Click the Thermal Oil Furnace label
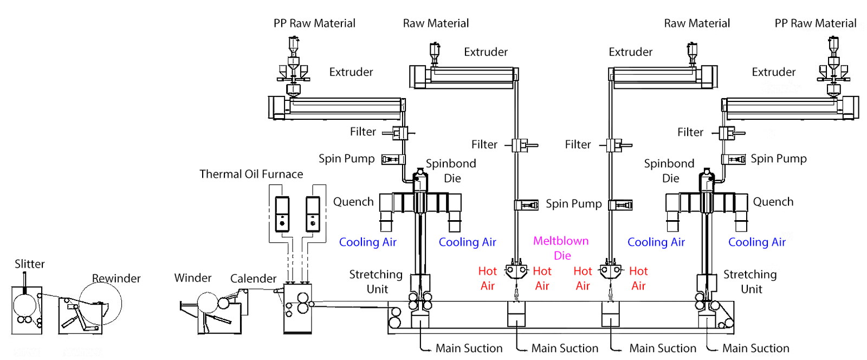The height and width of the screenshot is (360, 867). coord(251,174)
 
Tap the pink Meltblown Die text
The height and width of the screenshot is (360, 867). coord(561,248)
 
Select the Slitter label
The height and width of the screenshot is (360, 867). coord(29,264)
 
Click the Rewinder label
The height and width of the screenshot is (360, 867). coord(116,278)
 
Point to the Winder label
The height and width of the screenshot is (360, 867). coord(192,278)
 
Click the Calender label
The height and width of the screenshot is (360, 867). coord(253,279)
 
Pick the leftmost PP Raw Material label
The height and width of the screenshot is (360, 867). coord(314,23)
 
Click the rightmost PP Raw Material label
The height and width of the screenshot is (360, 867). coord(815,23)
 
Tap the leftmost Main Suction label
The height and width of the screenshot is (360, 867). coord(469,348)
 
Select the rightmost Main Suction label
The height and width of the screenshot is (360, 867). coord(755,348)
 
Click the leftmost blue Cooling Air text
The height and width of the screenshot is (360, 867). coord(367,242)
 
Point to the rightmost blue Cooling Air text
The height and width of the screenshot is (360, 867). coord(756,242)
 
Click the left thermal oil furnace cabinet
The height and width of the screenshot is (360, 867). coord(282,214)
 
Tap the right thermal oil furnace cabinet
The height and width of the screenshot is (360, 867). coord(313,214)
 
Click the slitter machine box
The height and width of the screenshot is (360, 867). coord(27,310)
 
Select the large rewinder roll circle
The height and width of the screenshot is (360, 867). coord(100,304)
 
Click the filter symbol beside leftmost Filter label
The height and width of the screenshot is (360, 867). coord(400,132)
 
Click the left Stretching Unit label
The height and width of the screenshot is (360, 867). coord(376,281)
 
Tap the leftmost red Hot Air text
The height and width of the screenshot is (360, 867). coord(487,278)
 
